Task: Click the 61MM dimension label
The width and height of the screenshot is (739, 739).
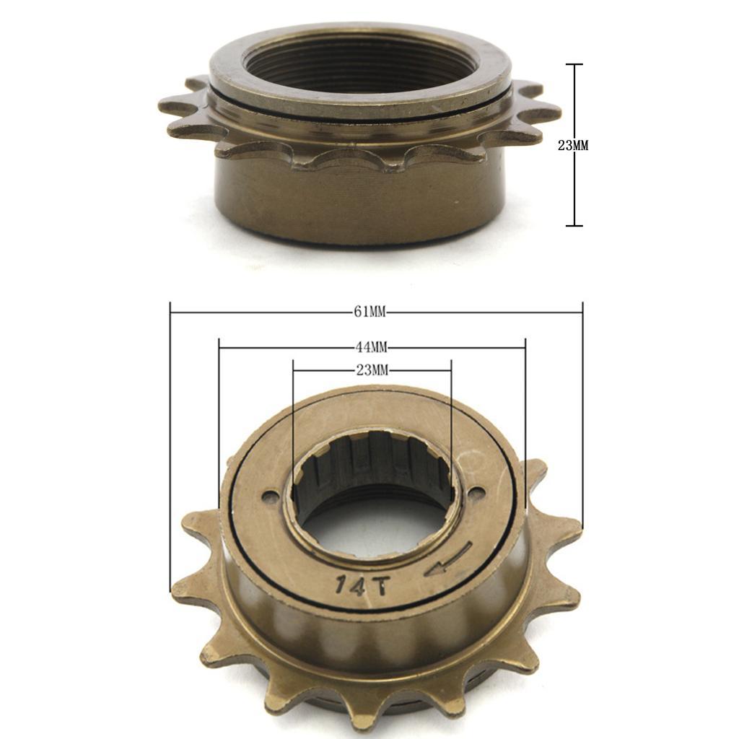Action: click(370, 312)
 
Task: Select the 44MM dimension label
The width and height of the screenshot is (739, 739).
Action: click(370, 347)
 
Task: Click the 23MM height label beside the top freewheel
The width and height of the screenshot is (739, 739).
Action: click(573, 145)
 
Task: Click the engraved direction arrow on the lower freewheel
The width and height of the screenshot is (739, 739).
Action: click(448, 560)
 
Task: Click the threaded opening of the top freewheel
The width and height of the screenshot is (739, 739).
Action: click(361, 65)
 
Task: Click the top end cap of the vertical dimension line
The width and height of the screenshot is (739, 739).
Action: click(574, 65)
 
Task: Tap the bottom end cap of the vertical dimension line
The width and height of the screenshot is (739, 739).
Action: click(574, 226)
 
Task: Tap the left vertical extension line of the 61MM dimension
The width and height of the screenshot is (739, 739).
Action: click(170, 447)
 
